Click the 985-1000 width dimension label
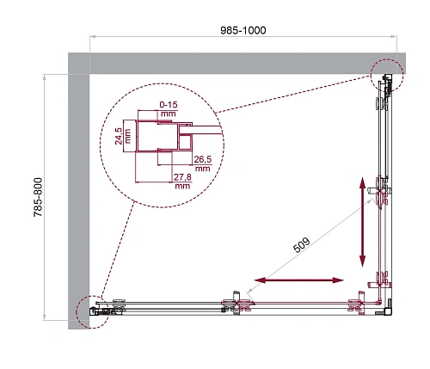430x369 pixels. pos(242,30)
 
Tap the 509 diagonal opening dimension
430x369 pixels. pos(300,245)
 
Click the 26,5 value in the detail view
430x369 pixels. pos(202,159)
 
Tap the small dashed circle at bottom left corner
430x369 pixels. pos(94,311)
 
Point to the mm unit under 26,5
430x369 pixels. pos(202,169)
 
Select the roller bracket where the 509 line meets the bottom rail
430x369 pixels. pos(237,302)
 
